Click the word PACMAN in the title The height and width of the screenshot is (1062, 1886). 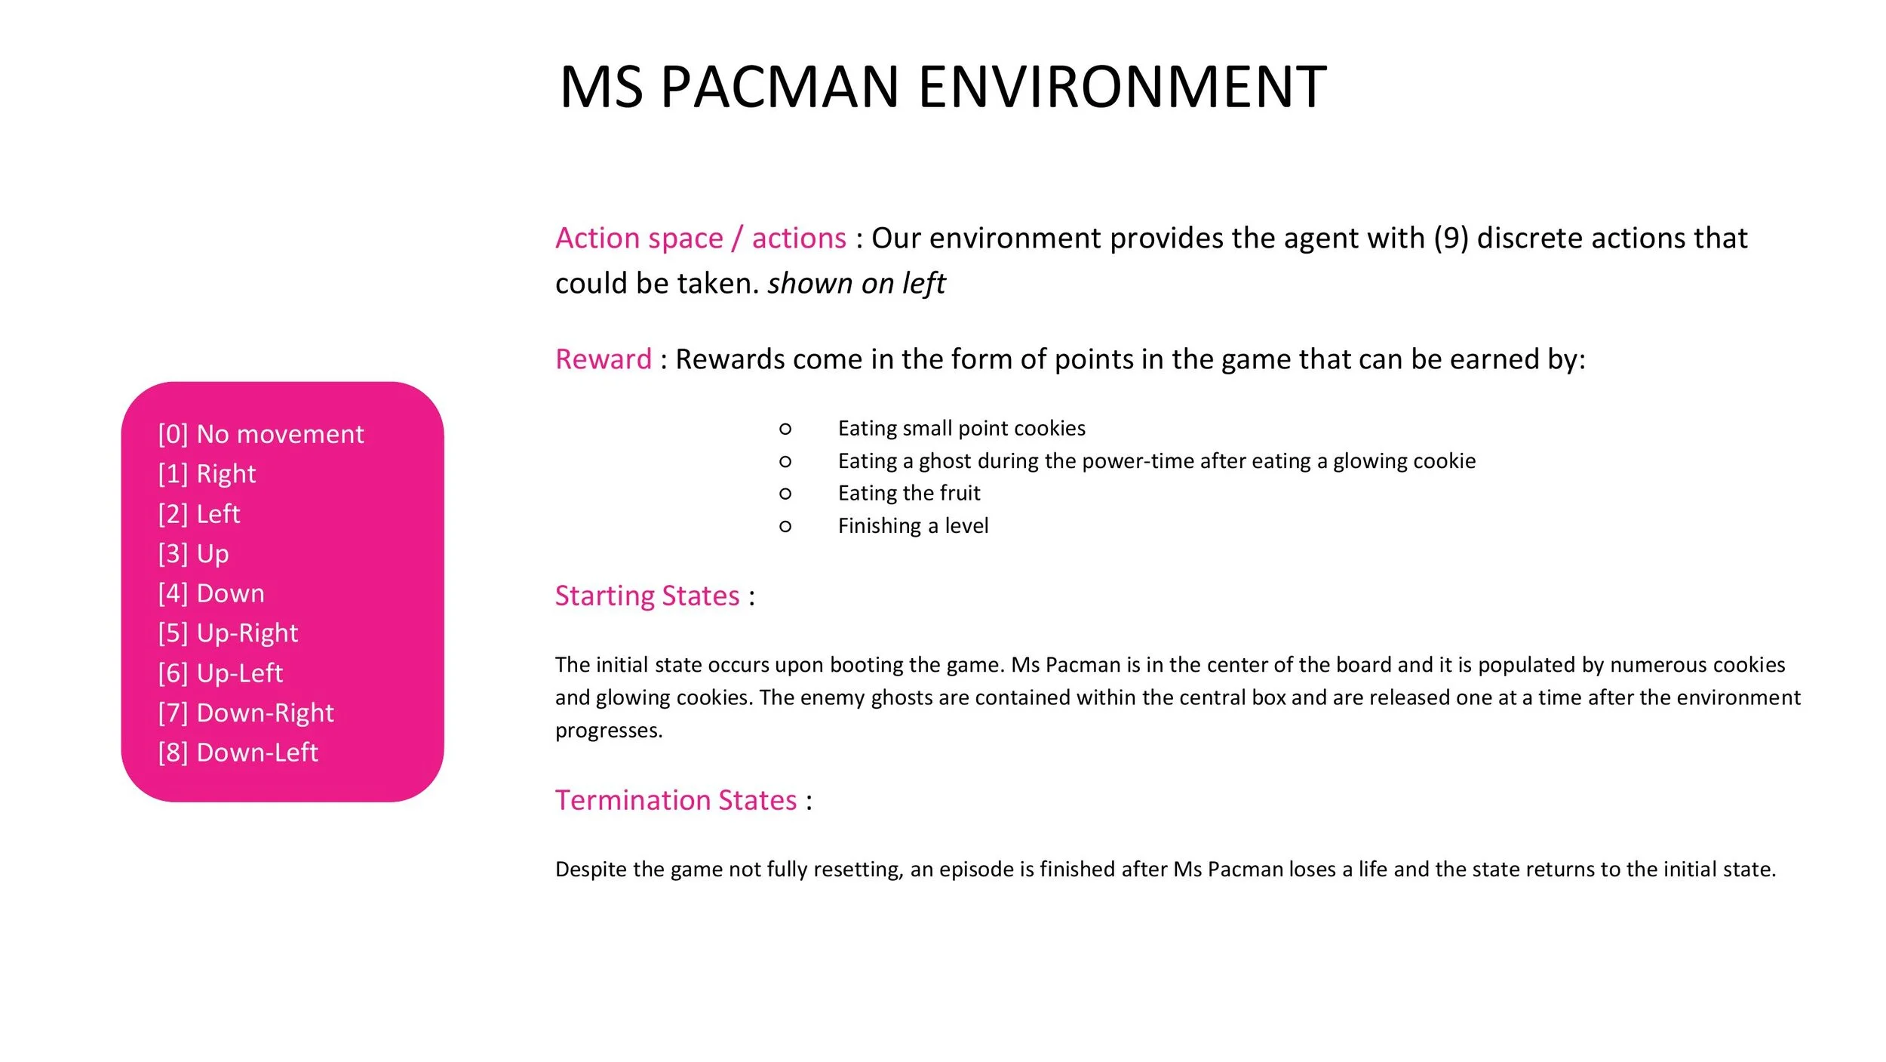pyautogui.click(x=779, y=88)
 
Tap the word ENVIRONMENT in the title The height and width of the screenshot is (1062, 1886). pyautogui.click(x=1122, y=88)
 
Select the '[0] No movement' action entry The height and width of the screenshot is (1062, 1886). pyautogui.click(x=261, y=434)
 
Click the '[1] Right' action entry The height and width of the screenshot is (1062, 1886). pyautogui.click(x=207, y=474)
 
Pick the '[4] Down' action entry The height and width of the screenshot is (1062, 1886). pyautogui.click(x=211, y=593)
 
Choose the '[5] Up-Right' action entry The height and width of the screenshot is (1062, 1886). pyautogui.click(x=228, y=633)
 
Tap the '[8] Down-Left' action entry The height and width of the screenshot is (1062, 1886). pyautogui.click(x=238, y=753)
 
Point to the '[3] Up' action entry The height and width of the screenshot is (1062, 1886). pyautogui.click(x=193, y=553)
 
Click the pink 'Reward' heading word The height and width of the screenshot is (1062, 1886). pyautogui.click(x=603, y=359)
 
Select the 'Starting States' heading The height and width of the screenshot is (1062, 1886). pyautogui.click(x=647, y=596)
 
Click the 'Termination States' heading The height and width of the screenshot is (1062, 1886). pyautogui.click(x=676, y=800)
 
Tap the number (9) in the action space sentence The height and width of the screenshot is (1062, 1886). pyautogui.click(x=1451, y=239)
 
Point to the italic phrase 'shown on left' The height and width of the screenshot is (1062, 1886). pyautogui.click(x=856, y=284)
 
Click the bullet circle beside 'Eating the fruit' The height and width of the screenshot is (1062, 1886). pyautogui.click(x=785, y=494)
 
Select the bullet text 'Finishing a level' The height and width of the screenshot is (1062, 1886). pyautogui.click(x=913, y=525)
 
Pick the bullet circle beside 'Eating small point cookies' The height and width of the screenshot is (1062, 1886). pyautogui.click(x=785, y=429)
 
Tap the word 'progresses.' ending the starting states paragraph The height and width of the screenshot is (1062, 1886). pyautogui.click(x=609, y=731)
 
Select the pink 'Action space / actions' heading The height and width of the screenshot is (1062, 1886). pyautogui.click(x=701, y=239)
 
